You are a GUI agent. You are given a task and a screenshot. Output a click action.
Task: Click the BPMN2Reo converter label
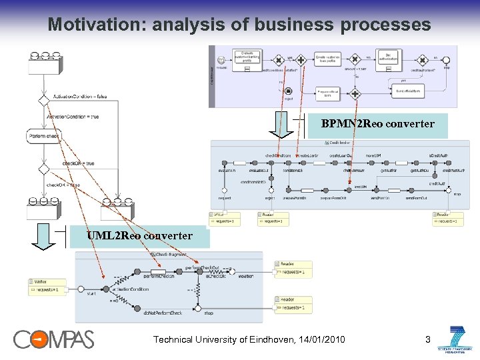tap(377, 124)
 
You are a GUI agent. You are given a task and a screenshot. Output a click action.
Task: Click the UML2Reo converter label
tap(139, 235)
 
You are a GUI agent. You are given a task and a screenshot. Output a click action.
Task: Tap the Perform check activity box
tap(44, 136)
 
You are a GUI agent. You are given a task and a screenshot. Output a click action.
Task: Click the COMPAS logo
tap(54, 339)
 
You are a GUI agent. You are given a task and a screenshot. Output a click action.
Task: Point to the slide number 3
tap(428, 340)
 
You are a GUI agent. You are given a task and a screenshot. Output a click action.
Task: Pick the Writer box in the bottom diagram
tap(47, 285)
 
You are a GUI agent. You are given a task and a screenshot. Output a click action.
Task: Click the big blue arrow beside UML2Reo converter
tap(43, 236)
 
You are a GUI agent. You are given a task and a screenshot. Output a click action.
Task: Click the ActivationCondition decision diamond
tap(43, 97)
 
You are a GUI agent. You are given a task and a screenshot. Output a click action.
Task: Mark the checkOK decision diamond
tap(43, 169)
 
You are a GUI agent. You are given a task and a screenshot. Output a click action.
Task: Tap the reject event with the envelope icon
tap(288, 91)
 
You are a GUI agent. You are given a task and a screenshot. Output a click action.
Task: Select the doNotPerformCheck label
tap(163, 313)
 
